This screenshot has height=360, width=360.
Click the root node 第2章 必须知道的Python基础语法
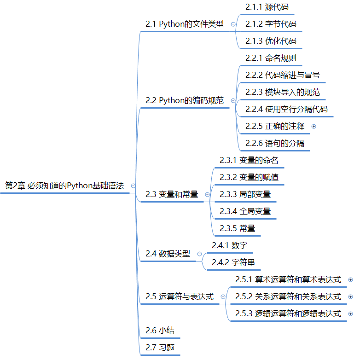64,186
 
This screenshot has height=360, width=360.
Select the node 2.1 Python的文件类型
184,24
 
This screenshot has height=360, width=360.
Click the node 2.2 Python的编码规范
184,100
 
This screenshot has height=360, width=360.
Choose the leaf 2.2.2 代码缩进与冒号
282,75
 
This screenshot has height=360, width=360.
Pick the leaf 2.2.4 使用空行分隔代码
286,109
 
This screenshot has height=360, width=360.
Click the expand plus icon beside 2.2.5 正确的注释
314,126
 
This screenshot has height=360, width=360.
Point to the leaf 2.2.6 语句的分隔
274,143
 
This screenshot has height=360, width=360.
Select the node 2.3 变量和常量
171,194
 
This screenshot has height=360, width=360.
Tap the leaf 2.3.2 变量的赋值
249,177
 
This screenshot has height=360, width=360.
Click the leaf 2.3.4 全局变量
245,211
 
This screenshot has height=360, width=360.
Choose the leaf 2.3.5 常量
237,228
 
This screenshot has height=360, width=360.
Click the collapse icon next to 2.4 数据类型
199,254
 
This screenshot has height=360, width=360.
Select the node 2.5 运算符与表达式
179,297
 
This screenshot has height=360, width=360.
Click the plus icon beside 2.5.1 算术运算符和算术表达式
351,279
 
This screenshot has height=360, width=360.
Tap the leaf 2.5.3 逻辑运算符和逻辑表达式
288,314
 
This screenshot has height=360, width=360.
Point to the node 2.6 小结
160,331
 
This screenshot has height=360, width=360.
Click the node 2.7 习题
160,348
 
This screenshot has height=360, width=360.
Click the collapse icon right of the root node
133,186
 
